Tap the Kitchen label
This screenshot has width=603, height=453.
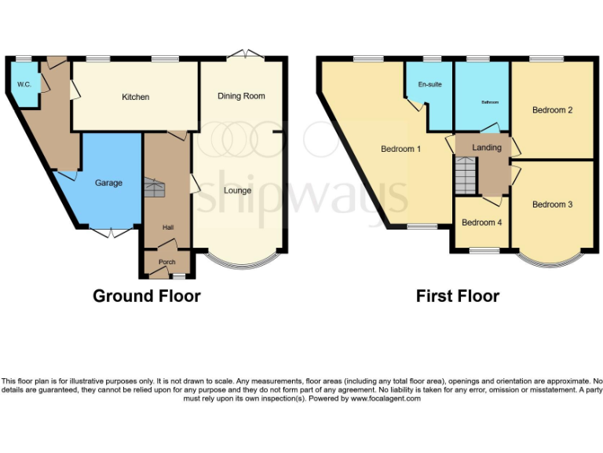click(135, 98)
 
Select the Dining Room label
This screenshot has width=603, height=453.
click(241, 96)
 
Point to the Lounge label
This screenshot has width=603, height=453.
click(237, 190)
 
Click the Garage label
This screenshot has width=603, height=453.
click(108, 183)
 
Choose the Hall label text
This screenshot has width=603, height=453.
click(168, 227)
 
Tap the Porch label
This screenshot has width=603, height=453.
click(166, 262)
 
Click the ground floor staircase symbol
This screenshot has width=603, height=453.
click(154, 189)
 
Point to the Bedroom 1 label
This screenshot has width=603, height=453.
click(401, 149)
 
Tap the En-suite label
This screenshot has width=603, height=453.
click(428, 84)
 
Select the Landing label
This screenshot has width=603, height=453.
click(486, 148)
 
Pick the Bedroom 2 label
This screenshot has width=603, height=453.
click(552, 110)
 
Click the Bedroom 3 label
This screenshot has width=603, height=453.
click(552, 204)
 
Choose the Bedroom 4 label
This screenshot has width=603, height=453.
click(481, 223)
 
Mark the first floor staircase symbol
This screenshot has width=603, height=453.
click(466, 175)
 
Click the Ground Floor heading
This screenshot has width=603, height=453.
click(147, 296)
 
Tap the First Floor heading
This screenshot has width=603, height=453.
click(458, 296)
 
